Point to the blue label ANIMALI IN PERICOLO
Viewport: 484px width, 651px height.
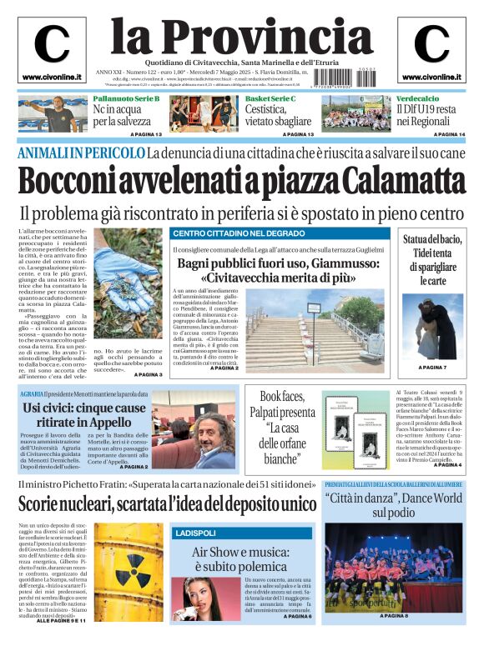[x=81, y=153]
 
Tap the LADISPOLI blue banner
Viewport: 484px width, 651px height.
[x=197, y=532]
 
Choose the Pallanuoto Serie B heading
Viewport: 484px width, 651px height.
[x=126, y=99]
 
